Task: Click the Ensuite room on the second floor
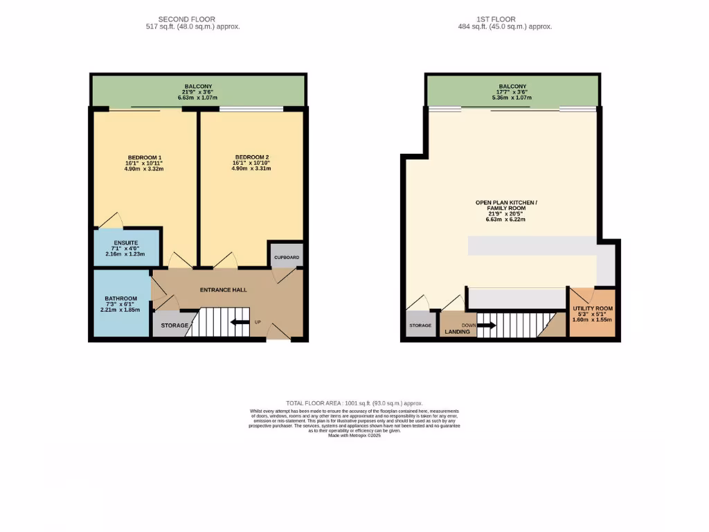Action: coord(127,248)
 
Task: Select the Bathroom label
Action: coord(121,299)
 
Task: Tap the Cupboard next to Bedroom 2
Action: coord(287,257)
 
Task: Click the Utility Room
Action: coord(593,313)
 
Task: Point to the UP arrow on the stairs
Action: coord(240,322)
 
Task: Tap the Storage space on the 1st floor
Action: coord(420,326)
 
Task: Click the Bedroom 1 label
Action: coord(145,157)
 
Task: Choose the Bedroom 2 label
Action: coord(251,157)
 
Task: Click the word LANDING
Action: coord(458,332)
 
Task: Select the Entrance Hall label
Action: coord(224,290)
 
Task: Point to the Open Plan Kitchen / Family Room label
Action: coord(506,205)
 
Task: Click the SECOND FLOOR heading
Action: coord(187,19)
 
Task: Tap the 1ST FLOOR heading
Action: coord(505,19)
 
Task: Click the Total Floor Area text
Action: coord(354,403)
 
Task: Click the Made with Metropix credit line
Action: coord(354,436)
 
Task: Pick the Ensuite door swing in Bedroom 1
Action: coord(111,220)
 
